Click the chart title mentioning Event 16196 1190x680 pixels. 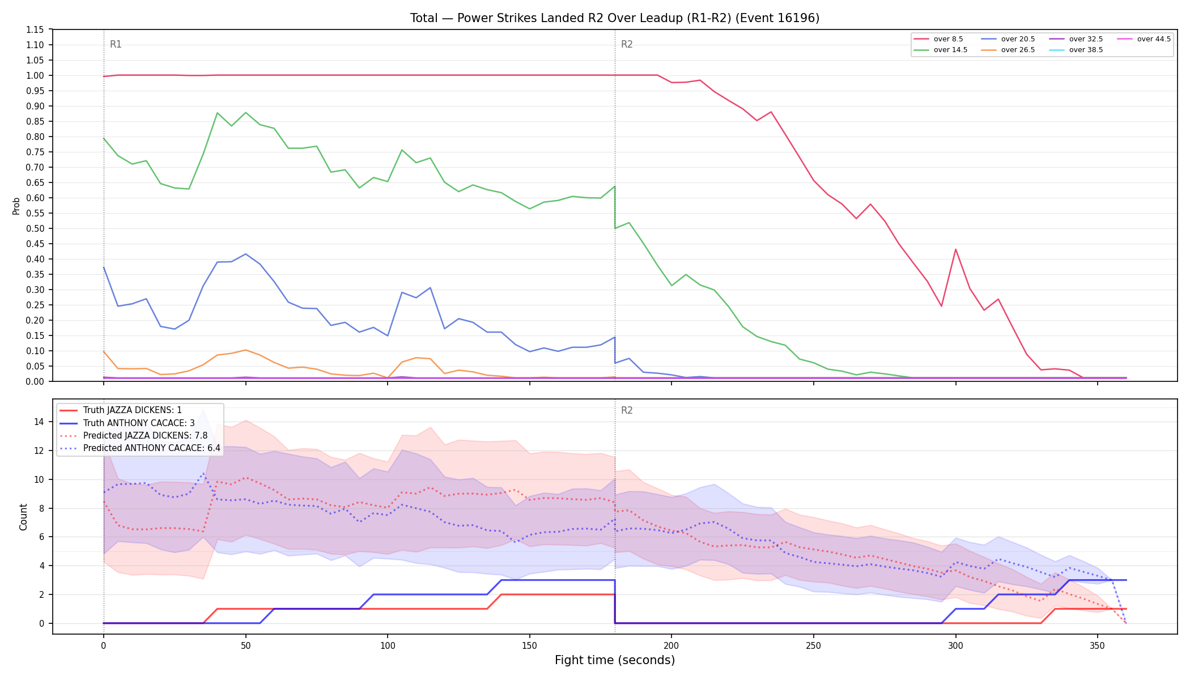[615, 18]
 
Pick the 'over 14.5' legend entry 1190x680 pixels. [941, 50]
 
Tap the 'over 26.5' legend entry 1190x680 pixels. [1008, 50]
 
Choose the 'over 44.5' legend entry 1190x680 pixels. [1144, 39]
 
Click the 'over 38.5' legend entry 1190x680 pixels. [1076, 50]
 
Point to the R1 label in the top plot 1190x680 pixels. [116, 44]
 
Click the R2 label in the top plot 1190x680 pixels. [627, 44]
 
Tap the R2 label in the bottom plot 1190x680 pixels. [627, 410]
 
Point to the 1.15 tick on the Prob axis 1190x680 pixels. [35, 29]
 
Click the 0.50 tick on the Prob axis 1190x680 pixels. [35, 228]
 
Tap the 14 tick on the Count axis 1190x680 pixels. [39, 422]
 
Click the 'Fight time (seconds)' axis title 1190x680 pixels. [615, 660]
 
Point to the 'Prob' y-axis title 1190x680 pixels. [16, 206]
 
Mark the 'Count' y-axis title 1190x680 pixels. [23, 517]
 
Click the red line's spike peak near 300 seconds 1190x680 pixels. [955, 249]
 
